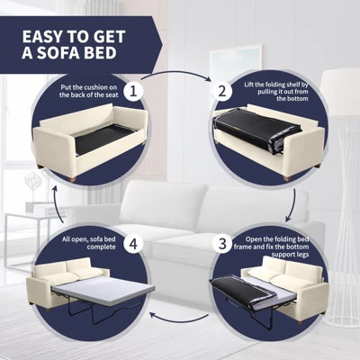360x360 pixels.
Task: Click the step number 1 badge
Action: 133,91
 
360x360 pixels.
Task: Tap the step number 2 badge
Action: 222,91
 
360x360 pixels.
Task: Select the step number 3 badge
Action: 222,243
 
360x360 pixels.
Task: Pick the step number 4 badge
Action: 133,243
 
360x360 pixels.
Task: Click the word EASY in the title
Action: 43,37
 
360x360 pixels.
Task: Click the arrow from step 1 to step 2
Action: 177,74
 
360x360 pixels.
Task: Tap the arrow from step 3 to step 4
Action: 180,319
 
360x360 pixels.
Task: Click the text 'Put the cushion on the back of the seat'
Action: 89,91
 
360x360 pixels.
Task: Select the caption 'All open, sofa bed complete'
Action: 89,243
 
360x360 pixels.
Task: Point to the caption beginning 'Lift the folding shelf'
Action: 276,91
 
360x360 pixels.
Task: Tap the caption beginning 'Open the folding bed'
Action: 272,247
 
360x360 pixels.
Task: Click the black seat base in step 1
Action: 103,139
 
